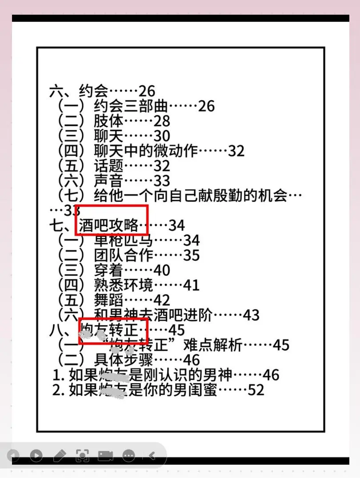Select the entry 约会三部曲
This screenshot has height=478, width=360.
coord(131,106)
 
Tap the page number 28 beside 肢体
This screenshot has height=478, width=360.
coord(162,121)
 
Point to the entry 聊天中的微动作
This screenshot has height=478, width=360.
coord(146,151)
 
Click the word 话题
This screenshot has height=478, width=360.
coord(108,166)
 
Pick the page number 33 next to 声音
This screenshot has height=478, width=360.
coord(162,181)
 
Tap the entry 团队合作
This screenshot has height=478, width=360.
coord(124,255)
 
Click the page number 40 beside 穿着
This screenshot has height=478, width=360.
coord(162,270)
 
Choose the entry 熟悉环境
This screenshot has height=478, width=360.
coord(124,285)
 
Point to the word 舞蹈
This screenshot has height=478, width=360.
coord(108,300)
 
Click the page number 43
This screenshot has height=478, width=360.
coord(251,315)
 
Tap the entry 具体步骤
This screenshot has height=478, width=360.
coord(124,359)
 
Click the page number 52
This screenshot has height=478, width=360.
coord(256,390)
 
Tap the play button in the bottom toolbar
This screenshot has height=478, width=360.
coord(36,455)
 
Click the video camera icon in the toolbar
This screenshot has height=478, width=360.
coord(105,455)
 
